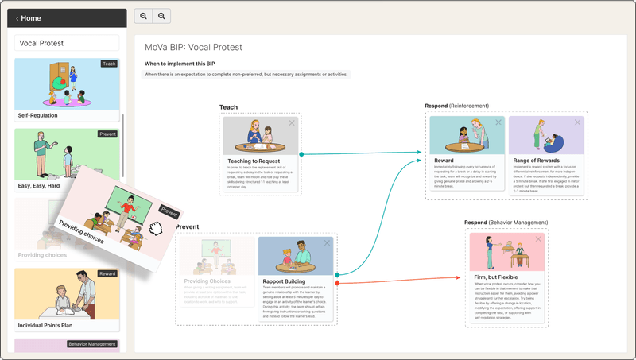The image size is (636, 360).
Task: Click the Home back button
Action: click(x=29, y=18)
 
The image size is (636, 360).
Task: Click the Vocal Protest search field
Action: click(x=68, y=43)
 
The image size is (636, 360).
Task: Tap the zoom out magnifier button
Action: click(x=143, y=16)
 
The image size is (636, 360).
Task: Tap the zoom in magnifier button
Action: click(x=161, y=16)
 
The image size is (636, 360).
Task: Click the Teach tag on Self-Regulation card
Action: click(x=109, y=64)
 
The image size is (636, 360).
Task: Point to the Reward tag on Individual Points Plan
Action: click(x=107, y=273)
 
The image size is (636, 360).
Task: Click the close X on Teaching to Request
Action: click(x=292, y=122)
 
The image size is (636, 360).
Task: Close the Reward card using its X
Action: click(x=498, y=122)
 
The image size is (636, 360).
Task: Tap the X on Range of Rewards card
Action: click(x=577, y=122)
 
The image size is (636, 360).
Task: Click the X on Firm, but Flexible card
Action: click(x=538, y=239)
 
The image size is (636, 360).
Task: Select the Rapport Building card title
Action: click(x=284, y=281)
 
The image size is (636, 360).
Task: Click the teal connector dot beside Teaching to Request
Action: click(x=301, y=153)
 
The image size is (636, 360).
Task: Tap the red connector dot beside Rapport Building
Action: click(x=338, y=282)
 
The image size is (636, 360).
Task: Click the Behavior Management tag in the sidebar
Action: click(x=92, y=344)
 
